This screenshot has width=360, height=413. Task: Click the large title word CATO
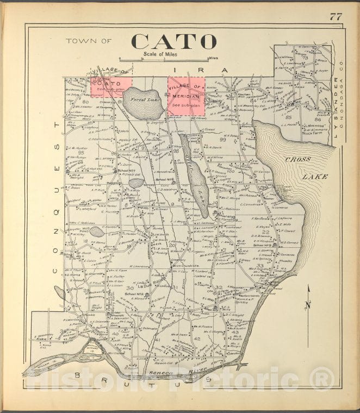click(x=173, y=41)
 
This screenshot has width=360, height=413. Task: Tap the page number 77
click(x=336, y=16)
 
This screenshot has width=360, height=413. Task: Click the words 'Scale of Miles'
click(x=162, y=54)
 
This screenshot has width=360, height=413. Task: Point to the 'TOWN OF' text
click(x=89, y=41)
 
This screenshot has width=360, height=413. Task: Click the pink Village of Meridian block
click(x=185, y=96)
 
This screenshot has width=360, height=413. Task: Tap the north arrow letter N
click(x=307, y=305)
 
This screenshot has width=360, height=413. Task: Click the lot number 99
click(x=222, y=140)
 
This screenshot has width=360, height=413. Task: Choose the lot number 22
click(x=265, y=232)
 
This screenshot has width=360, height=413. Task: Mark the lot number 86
click(x=318, y=118)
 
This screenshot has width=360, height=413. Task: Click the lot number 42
click(x=197, y=339)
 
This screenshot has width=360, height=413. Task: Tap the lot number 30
click(x=129, y=287)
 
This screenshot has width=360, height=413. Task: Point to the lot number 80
click(x=85, y=101)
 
